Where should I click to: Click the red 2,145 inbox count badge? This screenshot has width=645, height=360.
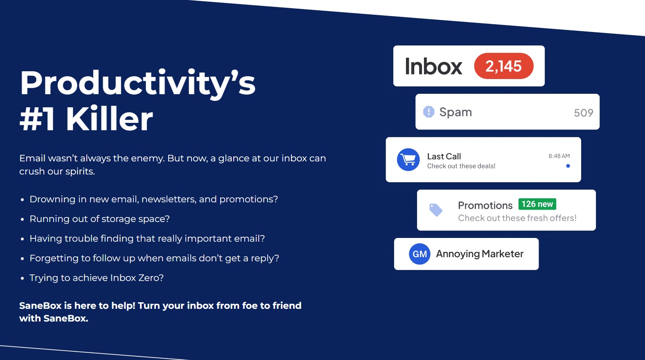[x=504, y=66]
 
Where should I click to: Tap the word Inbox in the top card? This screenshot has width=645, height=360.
[x=433, y=66]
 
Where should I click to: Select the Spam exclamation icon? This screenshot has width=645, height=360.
[x=428, y=112]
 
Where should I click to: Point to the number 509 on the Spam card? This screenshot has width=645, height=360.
[x=583, y=113]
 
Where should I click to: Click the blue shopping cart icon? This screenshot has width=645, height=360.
[x=408, y=159]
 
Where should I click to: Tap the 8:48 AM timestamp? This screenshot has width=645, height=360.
[x=559, y=156]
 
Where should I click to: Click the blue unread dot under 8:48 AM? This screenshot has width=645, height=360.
[x=568, y=166]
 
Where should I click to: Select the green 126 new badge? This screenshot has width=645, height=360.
[x=537, y=204]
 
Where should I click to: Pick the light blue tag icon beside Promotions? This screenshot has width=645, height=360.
[x=436, y=210]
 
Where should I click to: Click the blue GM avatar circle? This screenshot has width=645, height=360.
[x=419, y=254]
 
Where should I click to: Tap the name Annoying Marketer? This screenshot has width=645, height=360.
[x=480, y=254]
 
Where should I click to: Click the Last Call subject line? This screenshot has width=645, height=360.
[x=444, y=156]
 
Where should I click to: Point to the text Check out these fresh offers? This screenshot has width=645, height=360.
[x=517, y=218]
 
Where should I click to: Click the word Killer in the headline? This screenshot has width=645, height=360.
[x=109, y=119]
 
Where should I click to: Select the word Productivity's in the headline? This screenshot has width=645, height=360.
[x=138, y=83]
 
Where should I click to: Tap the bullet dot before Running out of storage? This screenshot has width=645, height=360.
[x=22, y=220]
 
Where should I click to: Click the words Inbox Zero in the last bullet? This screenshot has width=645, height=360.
[x=137, y=278]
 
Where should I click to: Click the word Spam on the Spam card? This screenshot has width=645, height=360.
[x=456, y=112]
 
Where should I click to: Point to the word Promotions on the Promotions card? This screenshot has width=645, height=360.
[x=485, y=205]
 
